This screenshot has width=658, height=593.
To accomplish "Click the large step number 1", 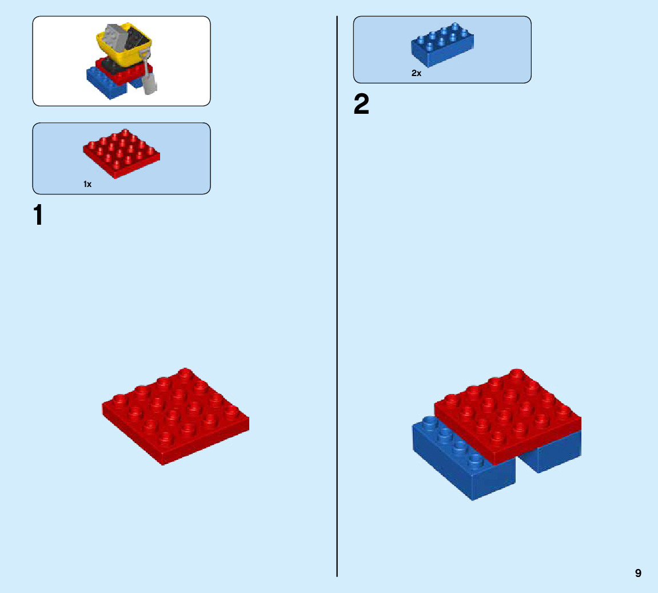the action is tap(38, 215).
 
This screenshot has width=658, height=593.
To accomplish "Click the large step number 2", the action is tap(361, 105).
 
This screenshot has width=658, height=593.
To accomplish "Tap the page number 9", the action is tap(638, 573).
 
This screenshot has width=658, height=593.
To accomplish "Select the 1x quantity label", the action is tap(87, 184).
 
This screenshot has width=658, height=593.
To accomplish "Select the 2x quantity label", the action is tap(416, 73).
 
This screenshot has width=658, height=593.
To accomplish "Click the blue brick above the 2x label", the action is tap(441, 45).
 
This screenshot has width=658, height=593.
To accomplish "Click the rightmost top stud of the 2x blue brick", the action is tap(456, 27).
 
